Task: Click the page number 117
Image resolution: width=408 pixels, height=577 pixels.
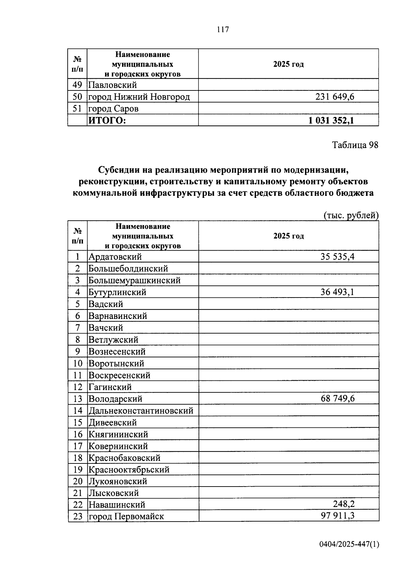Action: pyautogui.click(x=223, y=30)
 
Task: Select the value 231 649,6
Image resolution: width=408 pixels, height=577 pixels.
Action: pyautogui.click(x=335, y=97)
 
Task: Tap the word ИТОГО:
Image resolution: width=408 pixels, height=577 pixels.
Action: pyautogui.click(x=107, y=120)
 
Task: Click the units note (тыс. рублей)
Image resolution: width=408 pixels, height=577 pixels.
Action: pyautogui.click(x=351, y=215)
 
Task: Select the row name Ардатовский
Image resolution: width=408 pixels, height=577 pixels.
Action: pyautogui.click(x=115, y=257)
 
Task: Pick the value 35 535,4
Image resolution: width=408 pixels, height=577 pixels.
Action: pyautogui.click(x=337, y=257)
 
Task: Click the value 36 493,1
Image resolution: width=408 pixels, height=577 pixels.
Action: pyautogui.click(x=337, y=292)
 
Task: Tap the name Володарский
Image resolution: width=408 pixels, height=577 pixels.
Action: pyautogui.click(x=115, y=399)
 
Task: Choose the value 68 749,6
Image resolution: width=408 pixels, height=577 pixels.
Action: pyautogui.click(x=337, y=398)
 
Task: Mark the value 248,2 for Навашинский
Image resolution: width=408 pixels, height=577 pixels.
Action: pyautogui.click(x=344, y=504)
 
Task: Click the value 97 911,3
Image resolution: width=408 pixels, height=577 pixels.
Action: pyautogui.click(x=337, y=516)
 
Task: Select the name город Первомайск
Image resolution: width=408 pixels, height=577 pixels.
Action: pyautogui.click(x=126, y=516)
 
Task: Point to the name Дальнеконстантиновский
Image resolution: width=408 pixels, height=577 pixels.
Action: pyautogui.click(x=141, y=411)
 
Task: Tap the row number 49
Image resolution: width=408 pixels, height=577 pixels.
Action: pyautogui.click(x=78, y=85)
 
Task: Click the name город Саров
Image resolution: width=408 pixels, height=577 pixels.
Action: pyautogui.click(x=113, y=109)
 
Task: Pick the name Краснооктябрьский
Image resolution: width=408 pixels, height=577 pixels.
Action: pyautogui.click(x=129, y=470)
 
